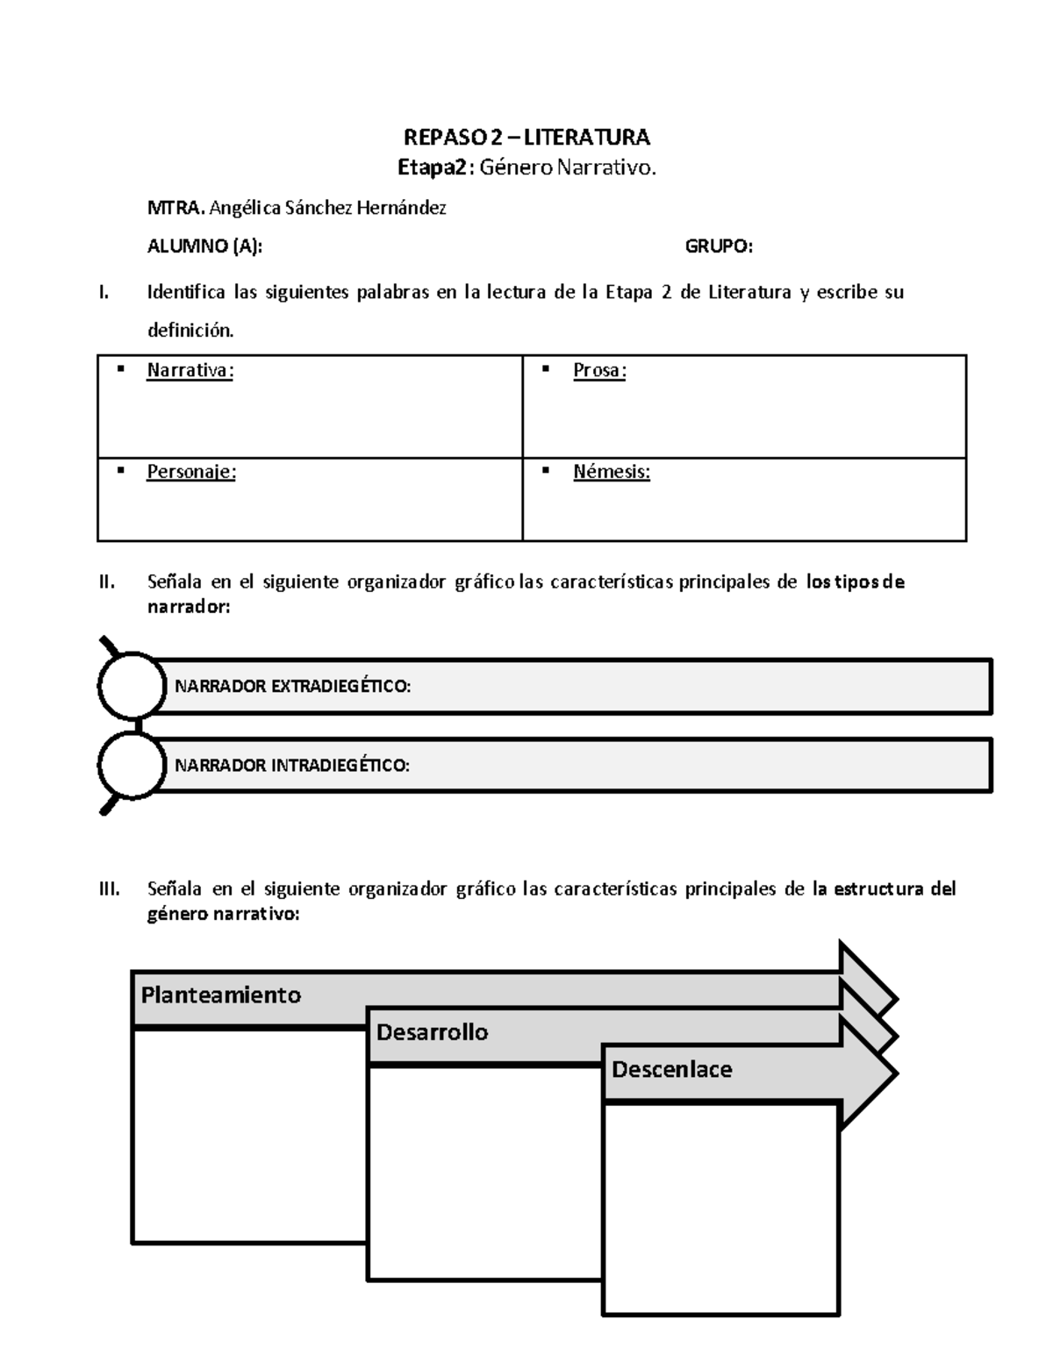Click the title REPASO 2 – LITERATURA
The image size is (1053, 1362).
pyautogui.click(x=526, y=138)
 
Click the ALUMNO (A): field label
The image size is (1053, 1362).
pyautogui.click(x=204, y=246)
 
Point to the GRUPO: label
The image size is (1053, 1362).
pyautogui.click(x=719, y=246)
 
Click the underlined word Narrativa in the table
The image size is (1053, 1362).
pyautogui.click(x=189, y=371)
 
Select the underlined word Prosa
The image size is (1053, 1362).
pyautogui.click(x=598, y=371)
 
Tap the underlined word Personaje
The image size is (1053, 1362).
pyautogui.click(x=190, y=472)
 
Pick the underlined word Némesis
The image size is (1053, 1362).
pyautogui.click(x=611, y=472)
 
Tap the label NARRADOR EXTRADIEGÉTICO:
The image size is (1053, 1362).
pyautogui.click(x=293, y=687)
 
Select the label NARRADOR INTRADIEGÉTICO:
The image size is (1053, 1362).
pyautogui.click(x=292, y=766)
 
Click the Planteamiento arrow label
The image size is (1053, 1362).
pyautogui.click(x=221, y=995)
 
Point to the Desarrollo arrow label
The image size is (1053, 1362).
pyautogui.click(x=432, y=1032)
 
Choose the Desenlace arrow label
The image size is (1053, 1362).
pyautogui.click(x=671, y=1070)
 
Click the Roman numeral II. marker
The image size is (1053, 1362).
pyautogui.click(x=107, y=582)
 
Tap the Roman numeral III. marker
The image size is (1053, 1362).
pyautogui.click(x=109, y=889)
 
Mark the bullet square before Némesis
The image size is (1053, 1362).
pyautogui.click(x=546, y=471)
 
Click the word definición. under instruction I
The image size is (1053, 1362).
pyautogui.click(x=190, y=331)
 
